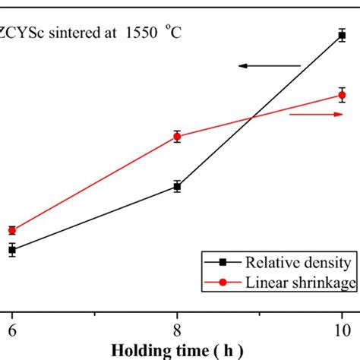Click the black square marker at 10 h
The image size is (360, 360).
tap(342, 34)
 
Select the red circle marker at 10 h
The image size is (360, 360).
tap(342, 95)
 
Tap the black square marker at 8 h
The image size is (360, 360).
tap(177, 186)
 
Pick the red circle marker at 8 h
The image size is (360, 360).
tap(177, 137)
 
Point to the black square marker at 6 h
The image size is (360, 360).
tap(12, 249)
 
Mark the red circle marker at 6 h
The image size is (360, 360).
tap(12, 230)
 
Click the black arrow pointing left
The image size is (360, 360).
tap(269, 66)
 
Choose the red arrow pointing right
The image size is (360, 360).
tap(316, 115)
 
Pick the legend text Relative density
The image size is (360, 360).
tap(297, 263)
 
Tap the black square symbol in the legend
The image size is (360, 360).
tap(223, 263)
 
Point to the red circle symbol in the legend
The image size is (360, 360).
tap(223, 283)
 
